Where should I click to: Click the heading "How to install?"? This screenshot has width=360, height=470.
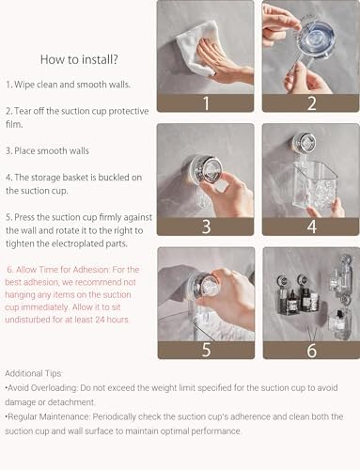[79, 59]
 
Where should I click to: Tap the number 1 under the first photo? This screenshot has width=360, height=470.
[206, 103]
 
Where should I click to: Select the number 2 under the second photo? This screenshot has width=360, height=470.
[311, 103]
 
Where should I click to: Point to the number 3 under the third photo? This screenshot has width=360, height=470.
[206, 227]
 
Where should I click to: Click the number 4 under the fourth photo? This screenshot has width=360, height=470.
[312, 227]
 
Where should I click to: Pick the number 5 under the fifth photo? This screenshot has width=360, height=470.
[206, 350]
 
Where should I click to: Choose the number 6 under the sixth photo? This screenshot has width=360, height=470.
[312, 350]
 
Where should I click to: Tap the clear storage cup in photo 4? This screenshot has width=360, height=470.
[314, 186]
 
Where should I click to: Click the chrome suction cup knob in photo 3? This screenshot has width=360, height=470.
[206, 170]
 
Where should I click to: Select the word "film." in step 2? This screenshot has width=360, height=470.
[14, 124]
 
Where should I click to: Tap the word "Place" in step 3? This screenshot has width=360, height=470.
[24, 150]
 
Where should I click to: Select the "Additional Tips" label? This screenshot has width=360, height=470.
[33, 373]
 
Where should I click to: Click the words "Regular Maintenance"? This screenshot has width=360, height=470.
[48, 416]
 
